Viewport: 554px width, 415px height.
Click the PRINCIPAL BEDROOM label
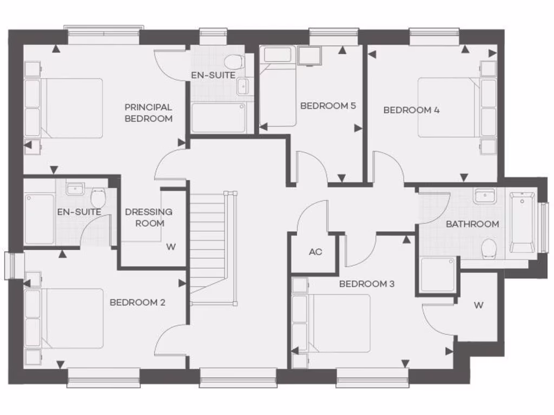point(148,113)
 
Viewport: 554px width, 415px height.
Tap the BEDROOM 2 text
point(137,302)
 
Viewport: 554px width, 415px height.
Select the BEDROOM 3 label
point(363,284)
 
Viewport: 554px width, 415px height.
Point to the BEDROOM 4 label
point(411,110)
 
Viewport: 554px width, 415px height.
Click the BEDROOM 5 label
point(328,105)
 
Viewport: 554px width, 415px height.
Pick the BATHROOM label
point(472,224)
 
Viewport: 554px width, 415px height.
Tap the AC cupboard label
point(315,252)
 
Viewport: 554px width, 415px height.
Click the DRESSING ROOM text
point(149,217)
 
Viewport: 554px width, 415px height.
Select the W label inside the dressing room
point(171,247)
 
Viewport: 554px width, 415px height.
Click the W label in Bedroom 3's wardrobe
point(478,305)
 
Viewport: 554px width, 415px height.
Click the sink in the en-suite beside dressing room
point(75,189)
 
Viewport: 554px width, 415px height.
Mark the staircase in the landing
point(208,246)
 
